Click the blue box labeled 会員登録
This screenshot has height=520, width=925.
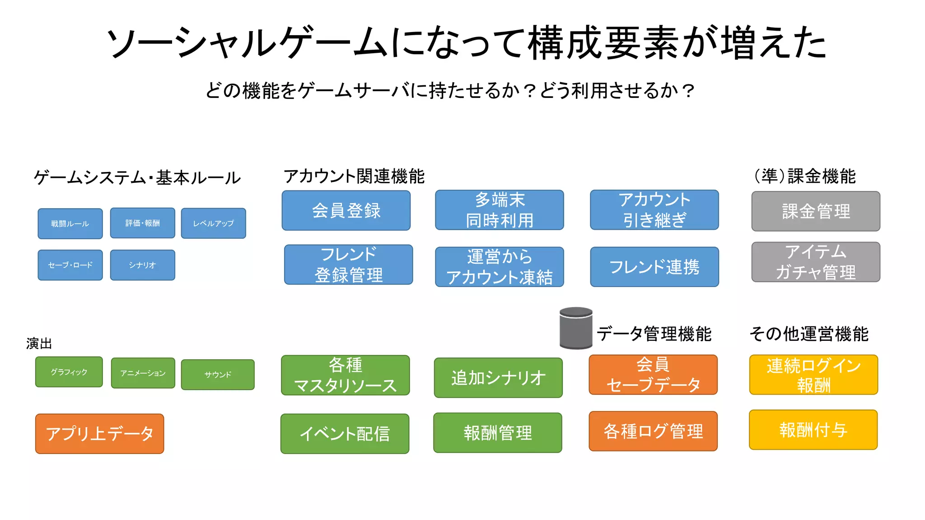pyautogui.click(x=346, y=210)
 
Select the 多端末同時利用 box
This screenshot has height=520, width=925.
pyautogui.click(x=499, y=210)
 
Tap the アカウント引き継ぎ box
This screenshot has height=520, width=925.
pyautogui.click(x=654, y=210)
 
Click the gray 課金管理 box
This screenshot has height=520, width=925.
pyautogui.click(x=816, y=211)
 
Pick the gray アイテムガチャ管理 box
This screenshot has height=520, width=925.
pyautogui.click(x=816, y=262)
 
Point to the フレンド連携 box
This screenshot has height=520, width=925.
pyautogui.click(x=654, y=267)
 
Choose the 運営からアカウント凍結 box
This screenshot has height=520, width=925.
pyautogui.click(x=499, y=267)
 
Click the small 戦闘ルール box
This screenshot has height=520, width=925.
pyautogui.click(x=70, y=223)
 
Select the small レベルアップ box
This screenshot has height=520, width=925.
pyautogui.click(x=213, y=223)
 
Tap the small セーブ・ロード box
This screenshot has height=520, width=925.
pyautogui.click(x=70, y=265)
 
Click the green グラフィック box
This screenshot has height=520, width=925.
pyautogui.click(x=69, y=372)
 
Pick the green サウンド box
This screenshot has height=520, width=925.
pyautogui.click(x=218, y=374)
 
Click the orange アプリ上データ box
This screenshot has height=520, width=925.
pyautogui.click(x=99, y=434)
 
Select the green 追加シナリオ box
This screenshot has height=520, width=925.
pyautogui.click(x=498, y=378)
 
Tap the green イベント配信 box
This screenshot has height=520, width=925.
pyautogui.click(x=345, y=434)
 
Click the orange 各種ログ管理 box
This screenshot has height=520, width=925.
pyautogui.click(x=653, y=431)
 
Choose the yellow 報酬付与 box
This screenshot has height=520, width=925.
pyautogui.click(x=813, y=430)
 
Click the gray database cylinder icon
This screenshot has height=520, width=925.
pyautogui.click(x=576, y=328)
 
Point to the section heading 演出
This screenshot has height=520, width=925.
pyautogui.click(x=39, y=344)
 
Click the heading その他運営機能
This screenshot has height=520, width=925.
pyautogui.click(x=808, y=334)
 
